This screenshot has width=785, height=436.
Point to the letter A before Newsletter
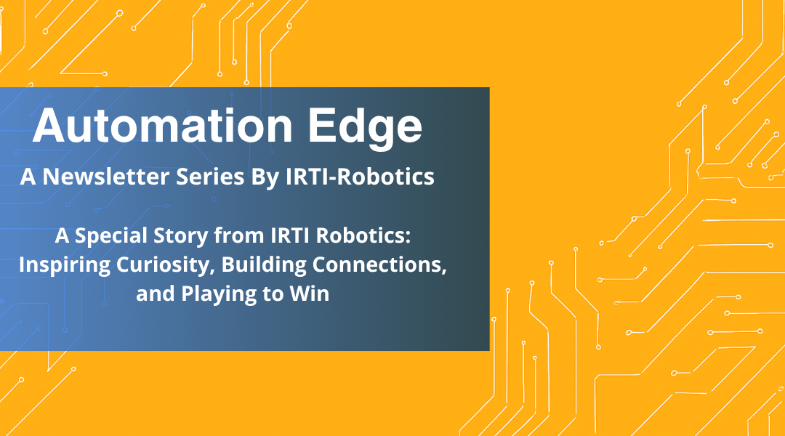point(27,177)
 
